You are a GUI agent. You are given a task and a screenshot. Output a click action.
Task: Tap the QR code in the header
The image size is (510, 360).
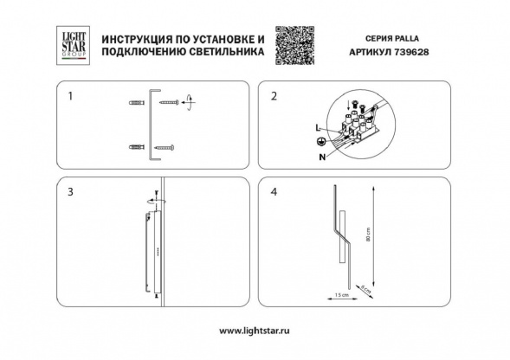point(293,44)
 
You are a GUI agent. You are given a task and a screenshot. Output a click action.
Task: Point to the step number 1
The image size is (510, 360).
point(70,96)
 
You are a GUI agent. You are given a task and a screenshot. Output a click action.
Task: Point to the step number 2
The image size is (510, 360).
point(274,96)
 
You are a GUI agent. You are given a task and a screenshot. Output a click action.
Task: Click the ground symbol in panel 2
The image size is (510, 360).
point(321,141)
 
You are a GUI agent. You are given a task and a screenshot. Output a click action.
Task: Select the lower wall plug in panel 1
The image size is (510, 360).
point(135,146)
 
